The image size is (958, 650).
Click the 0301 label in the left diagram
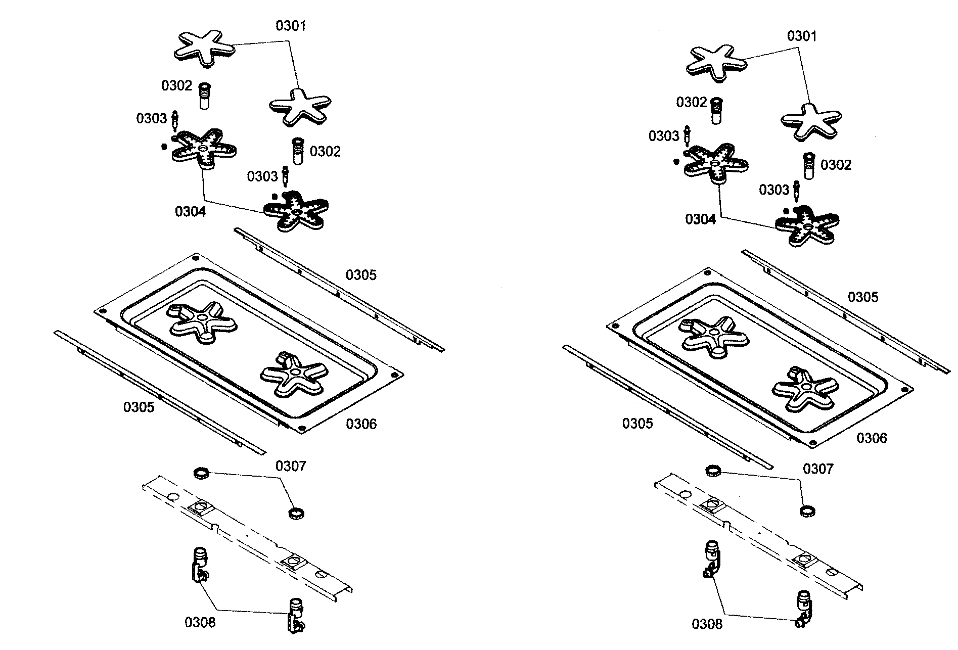[291, 26]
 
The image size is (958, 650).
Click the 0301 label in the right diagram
[802, 36]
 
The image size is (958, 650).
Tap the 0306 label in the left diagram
[361, 424]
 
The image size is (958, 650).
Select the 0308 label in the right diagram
[707, 624]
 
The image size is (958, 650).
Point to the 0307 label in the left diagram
[291, 466]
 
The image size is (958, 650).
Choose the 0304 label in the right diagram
[700, 219]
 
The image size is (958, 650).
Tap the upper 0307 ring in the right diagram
[713, 470]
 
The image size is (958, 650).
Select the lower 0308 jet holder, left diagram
[295, 614]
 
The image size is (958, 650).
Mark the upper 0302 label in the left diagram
[176, 86]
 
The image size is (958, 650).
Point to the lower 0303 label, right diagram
[773, 190]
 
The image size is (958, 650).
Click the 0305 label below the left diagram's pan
[139, 407]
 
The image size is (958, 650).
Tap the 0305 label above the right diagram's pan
[862, 297]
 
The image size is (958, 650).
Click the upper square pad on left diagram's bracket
[200, 507]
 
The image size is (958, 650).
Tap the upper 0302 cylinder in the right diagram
[715, 110]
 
